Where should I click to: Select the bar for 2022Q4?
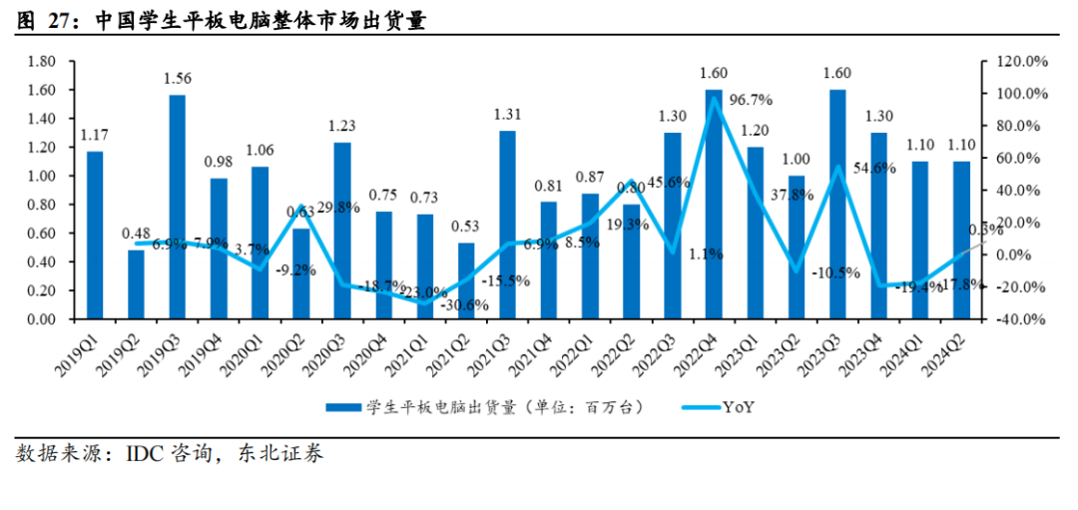[x=714, y=205]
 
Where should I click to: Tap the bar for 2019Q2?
[x=136, y=284]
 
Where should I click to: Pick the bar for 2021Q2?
[x=466, y=280]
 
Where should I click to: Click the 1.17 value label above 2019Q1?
[x=95, y=135]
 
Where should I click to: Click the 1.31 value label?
[x=508, y=114]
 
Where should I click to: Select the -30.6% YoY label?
[x=464, y=305]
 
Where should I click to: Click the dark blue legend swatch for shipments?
[x=343, y=407]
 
